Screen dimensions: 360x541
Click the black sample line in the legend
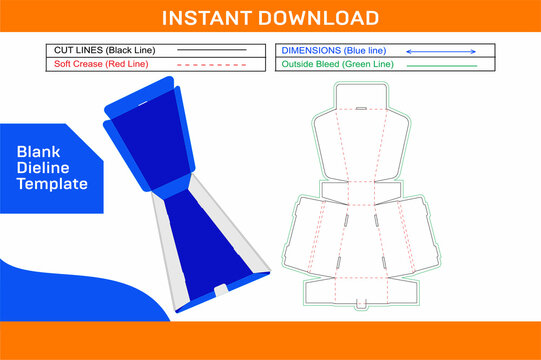[x=212, y=49]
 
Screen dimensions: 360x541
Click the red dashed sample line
[x=212, y=64]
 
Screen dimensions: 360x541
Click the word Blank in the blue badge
[x=39, y=150]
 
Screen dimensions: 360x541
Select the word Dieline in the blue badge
[x=43, y=167]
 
